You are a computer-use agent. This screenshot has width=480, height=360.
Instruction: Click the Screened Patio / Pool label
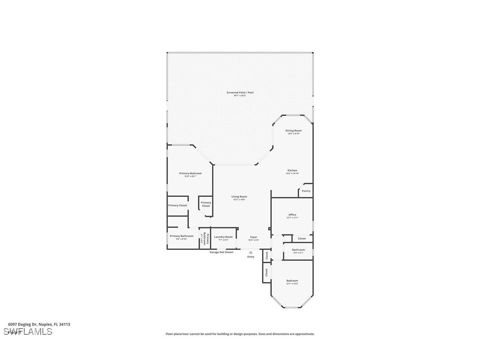pos(240,93)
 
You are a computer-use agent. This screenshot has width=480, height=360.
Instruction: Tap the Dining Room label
pos(293,131)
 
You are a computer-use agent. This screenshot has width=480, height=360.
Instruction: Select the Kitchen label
pos(292,171)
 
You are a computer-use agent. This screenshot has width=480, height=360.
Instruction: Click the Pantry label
pos(306,191)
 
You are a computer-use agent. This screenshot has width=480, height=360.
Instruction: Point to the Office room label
pos(292,215)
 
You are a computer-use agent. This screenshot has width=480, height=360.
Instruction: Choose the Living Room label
pos(239,197)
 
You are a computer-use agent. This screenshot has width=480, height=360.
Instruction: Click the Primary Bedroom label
pos(190,173)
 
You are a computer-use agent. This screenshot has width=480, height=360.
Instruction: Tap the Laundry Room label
pos(223,237)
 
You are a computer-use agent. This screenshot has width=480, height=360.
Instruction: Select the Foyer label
pos(253,237)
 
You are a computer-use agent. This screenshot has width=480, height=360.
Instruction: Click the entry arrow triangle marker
pos(251,252)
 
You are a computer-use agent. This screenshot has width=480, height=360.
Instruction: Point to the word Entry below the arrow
pos(251,257)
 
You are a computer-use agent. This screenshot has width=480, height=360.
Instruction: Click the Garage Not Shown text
pos(221,252)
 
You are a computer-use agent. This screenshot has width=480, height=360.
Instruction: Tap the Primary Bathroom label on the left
pos(181,236)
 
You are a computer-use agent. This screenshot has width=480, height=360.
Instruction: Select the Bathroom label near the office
pos(298,250)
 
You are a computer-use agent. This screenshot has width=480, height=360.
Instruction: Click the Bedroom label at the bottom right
pos(292,281)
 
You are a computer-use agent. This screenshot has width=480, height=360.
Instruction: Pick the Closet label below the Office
pos(302,238)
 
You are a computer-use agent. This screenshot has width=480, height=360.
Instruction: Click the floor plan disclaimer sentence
pos(240,334)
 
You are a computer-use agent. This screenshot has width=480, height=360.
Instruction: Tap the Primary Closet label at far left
pos(177,205)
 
